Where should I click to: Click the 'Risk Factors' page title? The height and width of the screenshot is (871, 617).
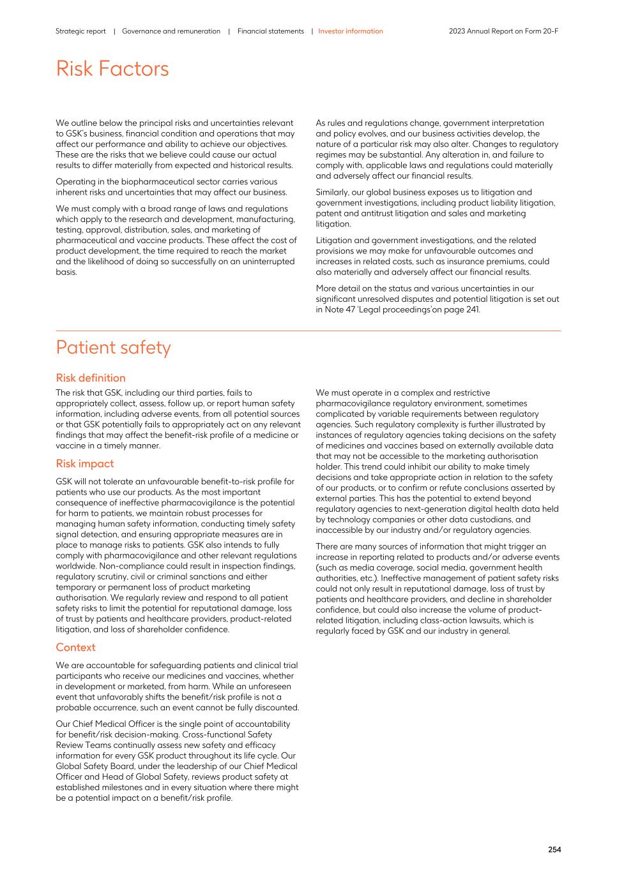[x=112, y=69]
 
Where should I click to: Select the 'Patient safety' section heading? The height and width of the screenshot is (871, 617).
[x=113, y=348]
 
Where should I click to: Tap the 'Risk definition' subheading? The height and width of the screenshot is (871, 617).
[x=91, y=378]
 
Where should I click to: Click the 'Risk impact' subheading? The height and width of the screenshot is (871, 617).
[x=85, y=464]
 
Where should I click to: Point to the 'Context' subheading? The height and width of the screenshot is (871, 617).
[x=75, y=647]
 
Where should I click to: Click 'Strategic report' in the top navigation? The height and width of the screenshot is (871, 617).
[x=80, y=31]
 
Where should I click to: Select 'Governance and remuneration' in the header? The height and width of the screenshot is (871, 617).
[x=171, y=31]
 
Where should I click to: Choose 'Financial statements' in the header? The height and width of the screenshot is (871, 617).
[x=270, y=31]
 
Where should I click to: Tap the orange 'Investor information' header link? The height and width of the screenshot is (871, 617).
[x=351, y=31]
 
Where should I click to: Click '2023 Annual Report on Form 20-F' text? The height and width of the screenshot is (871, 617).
[x=503, y=31]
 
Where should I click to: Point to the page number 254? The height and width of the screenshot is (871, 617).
[x=554, y=849]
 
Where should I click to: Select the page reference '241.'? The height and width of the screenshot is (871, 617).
[x=471, y=309]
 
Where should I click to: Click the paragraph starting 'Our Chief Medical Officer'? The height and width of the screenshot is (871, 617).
[x=177, y=761]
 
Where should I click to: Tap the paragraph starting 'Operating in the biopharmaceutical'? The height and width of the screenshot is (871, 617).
[x=171, y=187]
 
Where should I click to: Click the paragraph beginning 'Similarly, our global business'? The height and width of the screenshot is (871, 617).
[x=436, y=208]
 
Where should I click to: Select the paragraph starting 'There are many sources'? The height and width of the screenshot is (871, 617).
[x=438, y=588]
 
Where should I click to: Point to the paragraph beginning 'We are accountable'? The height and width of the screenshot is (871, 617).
[x=177, y=686]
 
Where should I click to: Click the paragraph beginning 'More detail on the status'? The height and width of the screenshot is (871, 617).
[x=438, y=299]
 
